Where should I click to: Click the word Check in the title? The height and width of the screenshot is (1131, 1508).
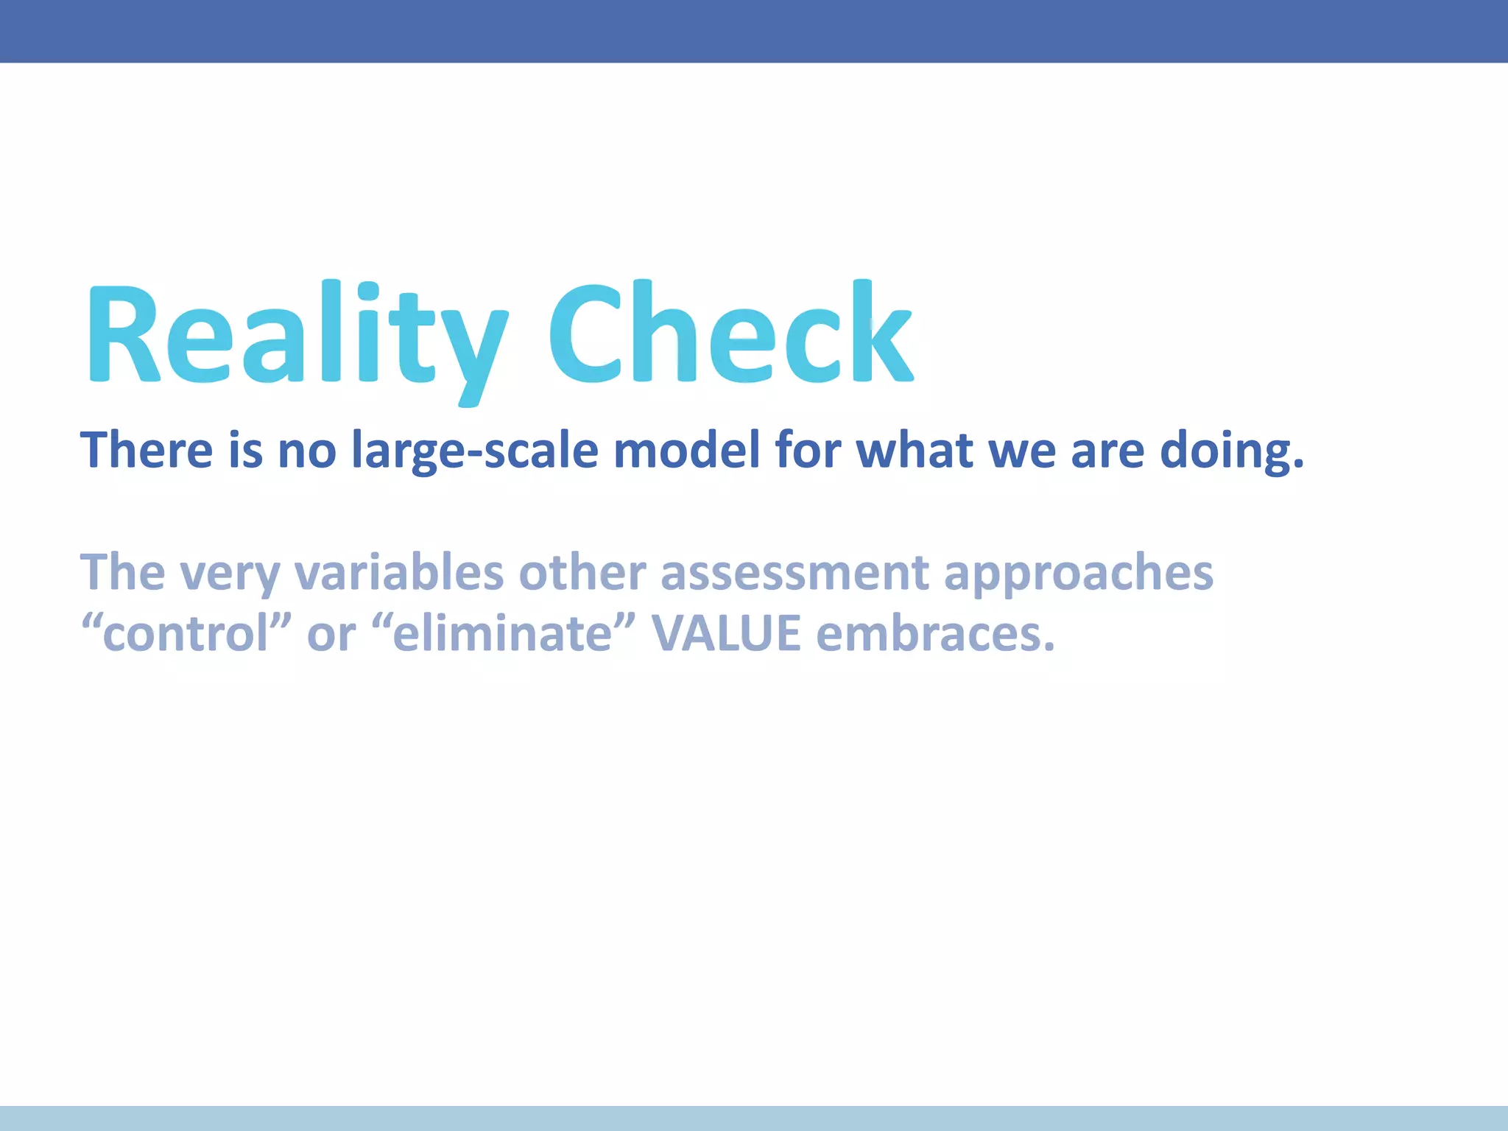click(730, 335)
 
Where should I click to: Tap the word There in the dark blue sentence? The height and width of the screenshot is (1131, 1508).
click(147, 450)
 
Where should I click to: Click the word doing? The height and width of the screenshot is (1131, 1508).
click(1232, 450)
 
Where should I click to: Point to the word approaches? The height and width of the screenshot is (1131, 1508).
click(1078, 573)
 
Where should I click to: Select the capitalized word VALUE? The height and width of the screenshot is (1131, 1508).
click(726, 633)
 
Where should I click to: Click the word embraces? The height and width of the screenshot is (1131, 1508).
click(935, 633)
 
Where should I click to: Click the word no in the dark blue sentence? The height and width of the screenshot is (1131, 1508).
click(306, 451)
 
